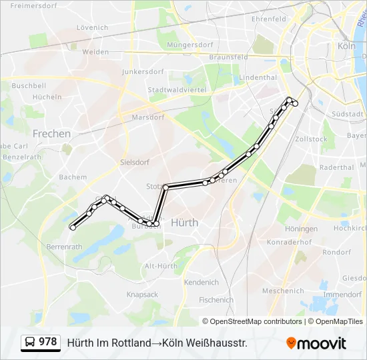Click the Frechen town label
pos(51,133)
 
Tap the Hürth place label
pos(184,223)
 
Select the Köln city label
pos(346,46)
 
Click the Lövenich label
pos(92,27)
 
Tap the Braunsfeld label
pos(228,57)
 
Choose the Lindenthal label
pos(258,77)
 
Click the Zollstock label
pos(311,139)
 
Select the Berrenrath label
pos(64,247)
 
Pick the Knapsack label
pos(142,294)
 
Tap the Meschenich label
pos(283,291)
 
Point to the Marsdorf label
pos(148,117)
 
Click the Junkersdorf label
pos(143,71)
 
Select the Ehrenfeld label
pos(269,19)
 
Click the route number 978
pos(47,342)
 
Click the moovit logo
pos(316,343)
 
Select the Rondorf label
pos(336,252)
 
